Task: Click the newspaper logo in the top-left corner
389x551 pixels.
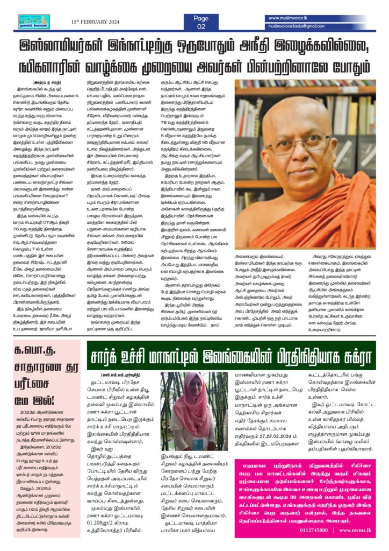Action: point(34,22)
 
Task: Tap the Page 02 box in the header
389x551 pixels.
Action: point(200,22)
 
